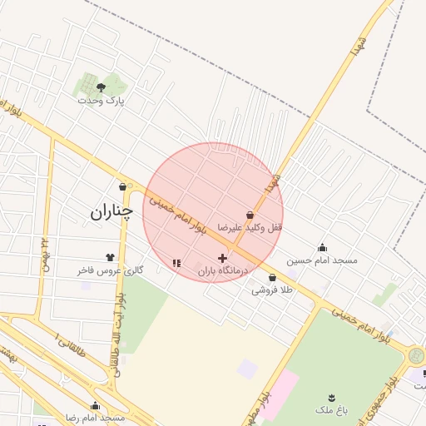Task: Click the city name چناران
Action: click(111, 213)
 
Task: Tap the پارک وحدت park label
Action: click(101, 100)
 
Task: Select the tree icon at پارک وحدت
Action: click(101, 86)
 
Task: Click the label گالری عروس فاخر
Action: click(111, 270)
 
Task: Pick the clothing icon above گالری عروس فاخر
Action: click(110, 257)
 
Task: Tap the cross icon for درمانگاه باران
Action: click(222, 258)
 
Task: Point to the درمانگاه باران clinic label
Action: click(224, 271)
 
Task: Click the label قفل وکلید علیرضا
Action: click(250, 227)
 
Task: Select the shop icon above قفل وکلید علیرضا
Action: click(250, 215)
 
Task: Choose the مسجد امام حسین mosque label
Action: click(322, 260)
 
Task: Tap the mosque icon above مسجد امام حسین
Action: click(322, 247)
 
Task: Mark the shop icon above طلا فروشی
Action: click(272, 278)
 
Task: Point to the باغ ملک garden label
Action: click(332, 409)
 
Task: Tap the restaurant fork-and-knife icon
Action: click(176, 263)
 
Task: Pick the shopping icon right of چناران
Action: click(123, 187)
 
